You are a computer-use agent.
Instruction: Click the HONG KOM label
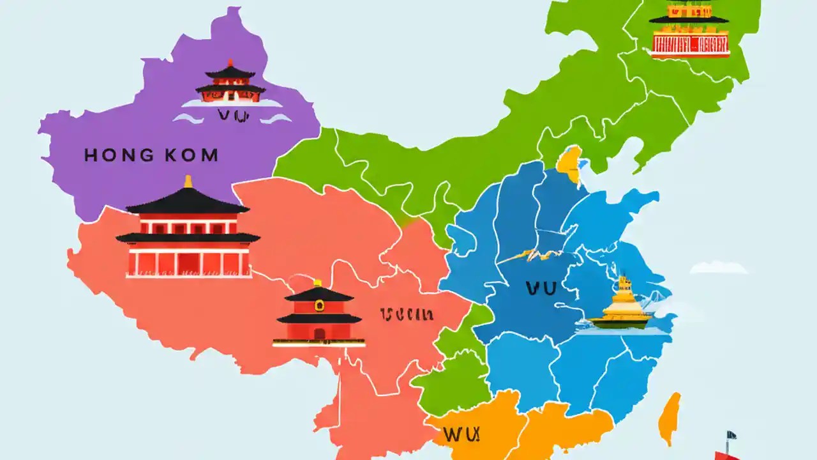pos(151,155)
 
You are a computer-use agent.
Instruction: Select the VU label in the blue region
pos(541,289)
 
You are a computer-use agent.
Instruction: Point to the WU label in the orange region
pos(460,435)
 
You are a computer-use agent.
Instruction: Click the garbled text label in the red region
pos(407,314)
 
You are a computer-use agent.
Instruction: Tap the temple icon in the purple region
pos(230,83)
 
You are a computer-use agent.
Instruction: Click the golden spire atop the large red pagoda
pos(188,182)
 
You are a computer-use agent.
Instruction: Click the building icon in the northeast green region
pos(689,29)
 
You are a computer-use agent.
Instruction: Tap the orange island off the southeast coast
pos(670,418)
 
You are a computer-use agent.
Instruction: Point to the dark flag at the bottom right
pos(731,435)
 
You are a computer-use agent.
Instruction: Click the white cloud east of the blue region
pos(719,267)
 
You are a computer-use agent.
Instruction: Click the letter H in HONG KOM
pos(90,155)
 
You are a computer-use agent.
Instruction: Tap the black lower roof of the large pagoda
pos(188,238)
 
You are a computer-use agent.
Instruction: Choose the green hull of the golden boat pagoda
pos(619,322)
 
